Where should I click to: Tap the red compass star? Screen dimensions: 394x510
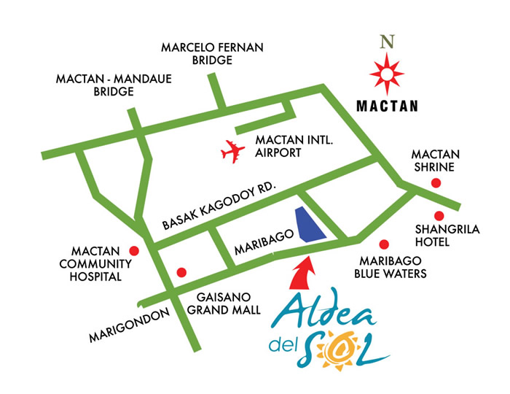[x=386, y=73]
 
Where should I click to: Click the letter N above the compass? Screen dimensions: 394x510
[x=386, y=42]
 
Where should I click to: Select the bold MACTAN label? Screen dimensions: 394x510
[x=387, y=107]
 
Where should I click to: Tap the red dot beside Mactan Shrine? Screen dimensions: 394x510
[x=436, y=183]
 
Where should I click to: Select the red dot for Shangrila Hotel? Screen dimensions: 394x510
[x=439, y=215]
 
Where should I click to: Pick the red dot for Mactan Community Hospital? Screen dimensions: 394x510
[x=133, y=249]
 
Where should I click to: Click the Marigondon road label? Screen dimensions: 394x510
[x=128, y=325]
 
